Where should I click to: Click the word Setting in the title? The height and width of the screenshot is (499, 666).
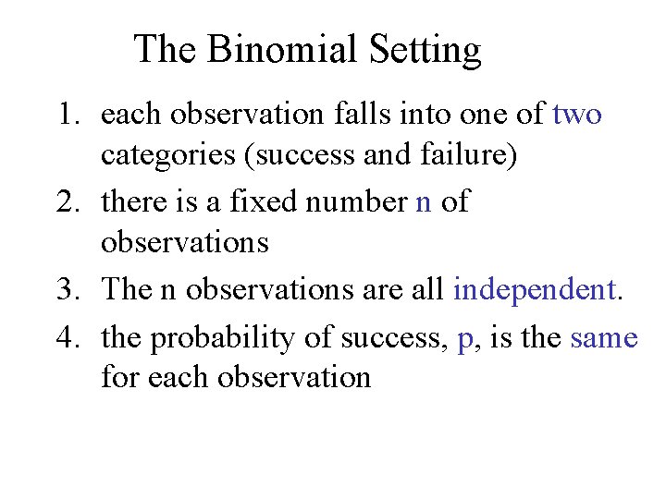[x=425, y=51]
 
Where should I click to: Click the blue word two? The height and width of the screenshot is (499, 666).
[x=577, y=116]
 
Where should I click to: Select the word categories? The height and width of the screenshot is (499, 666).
[x=167, y=156]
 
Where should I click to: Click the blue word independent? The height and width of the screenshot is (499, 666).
[x=535, y=290]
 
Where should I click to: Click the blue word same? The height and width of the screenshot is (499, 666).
[x=604, y=339]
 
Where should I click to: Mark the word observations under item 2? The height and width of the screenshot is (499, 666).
[x=185, y=243]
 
